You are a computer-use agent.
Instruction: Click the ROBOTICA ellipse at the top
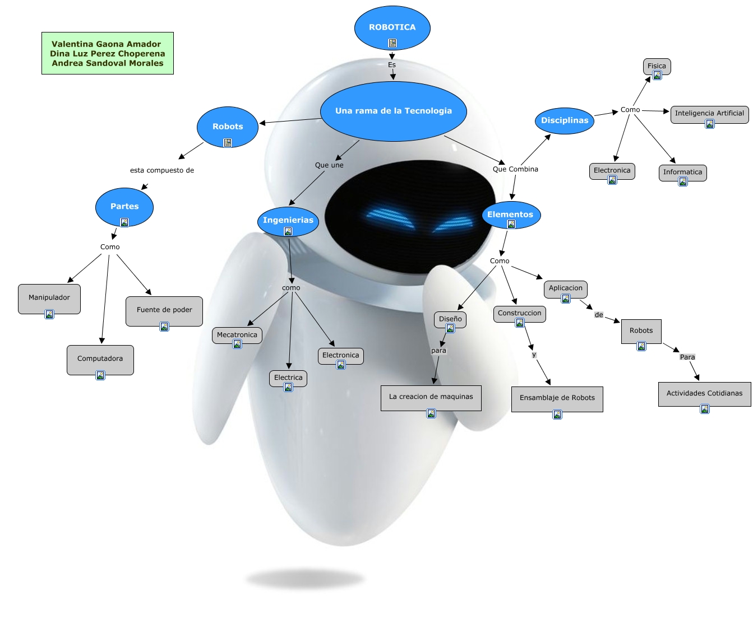coord(392,27)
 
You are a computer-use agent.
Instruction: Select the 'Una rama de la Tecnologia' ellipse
coord(393,111)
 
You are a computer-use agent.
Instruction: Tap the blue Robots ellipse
coord(227,127)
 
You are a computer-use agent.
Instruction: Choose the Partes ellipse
coord(124,207)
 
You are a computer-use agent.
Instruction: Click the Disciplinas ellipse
coord(565,120)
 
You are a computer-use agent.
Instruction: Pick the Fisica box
coord(657,66)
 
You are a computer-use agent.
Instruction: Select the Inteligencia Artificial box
coord(709,113)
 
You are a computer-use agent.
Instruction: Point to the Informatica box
coord(682,172)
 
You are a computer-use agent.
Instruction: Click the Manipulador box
coord(49,297)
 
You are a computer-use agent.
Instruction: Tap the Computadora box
coord(100,358)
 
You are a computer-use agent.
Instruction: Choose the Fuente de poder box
coord(164,310)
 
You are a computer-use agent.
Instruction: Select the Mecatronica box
coord(237,335)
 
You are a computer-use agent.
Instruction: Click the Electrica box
coord(288,378)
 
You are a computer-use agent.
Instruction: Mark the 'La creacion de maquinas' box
coord(431,397)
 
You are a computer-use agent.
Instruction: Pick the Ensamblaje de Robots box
coord(557,398)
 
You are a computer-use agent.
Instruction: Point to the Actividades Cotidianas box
coord(704,393)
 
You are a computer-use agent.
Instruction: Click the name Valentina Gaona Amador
coord(107,44)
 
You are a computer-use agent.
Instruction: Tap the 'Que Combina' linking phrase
coord(515,169)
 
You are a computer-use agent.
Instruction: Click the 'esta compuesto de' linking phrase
coord(162,170)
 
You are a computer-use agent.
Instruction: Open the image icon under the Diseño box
coord(450,328)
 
